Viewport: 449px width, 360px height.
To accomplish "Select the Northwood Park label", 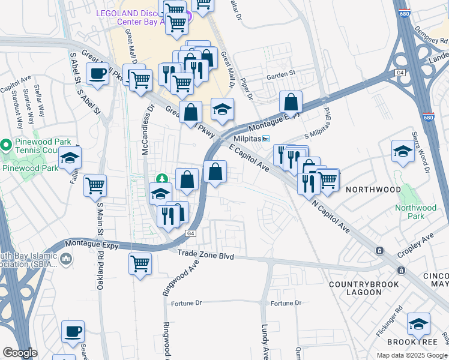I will (x=415, y=212).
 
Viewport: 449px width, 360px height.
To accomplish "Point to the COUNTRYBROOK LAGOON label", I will (x=355, y=287).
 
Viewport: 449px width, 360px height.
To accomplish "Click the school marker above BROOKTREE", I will (x=418, y=325).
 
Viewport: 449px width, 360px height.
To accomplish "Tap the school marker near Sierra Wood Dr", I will (x=403, y=151).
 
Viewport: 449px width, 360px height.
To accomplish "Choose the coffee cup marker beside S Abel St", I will (x=97, y=75).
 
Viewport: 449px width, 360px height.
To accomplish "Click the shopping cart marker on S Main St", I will (x=95, y=187).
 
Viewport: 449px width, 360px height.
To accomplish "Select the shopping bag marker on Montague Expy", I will (x=291, y=103).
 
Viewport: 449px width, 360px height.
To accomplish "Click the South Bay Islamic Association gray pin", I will (x=66, y=259).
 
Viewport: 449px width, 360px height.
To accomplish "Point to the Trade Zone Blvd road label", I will (x=205, y=256).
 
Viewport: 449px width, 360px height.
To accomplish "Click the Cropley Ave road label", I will (x=418, y=239).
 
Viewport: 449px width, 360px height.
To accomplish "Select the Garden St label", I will (x=282, y=76).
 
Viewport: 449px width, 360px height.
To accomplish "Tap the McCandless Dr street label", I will (x=146, y=129).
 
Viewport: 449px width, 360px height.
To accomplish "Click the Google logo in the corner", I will (x=19, y=353).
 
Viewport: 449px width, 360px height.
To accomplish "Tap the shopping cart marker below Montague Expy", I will (x=140, y=263).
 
